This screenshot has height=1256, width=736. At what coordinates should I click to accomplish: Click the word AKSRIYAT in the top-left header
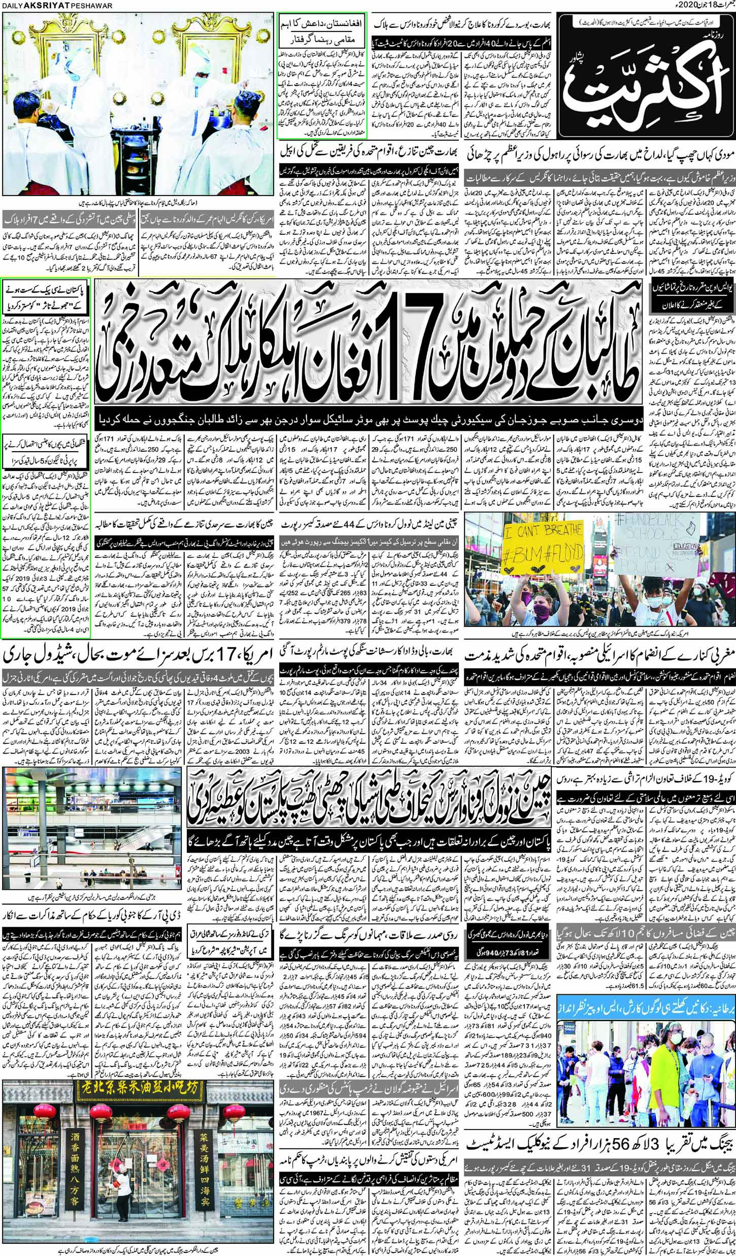(38, 5)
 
